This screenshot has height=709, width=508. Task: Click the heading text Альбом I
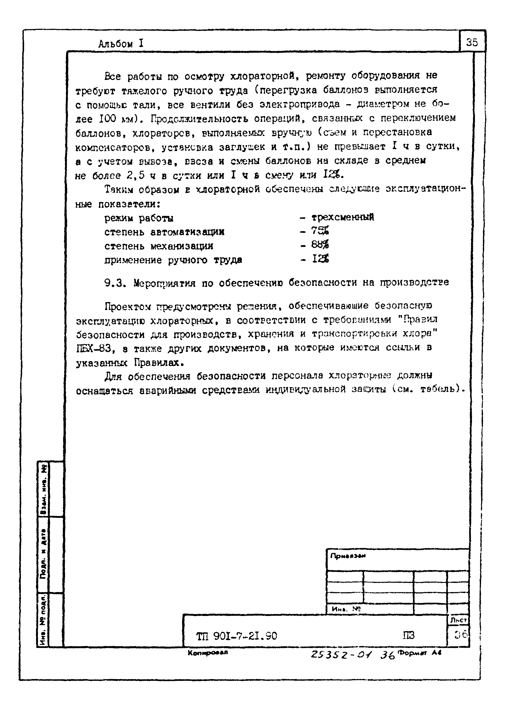[x=120, y=44]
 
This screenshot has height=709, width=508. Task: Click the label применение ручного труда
[x=173, y=260]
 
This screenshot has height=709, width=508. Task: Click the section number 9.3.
[x=115, y=283]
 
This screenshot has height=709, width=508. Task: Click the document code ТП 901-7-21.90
[x=237, y=636]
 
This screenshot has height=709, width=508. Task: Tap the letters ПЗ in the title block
[x=409, y=636]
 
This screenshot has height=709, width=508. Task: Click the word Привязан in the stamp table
[x=348, y=556]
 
